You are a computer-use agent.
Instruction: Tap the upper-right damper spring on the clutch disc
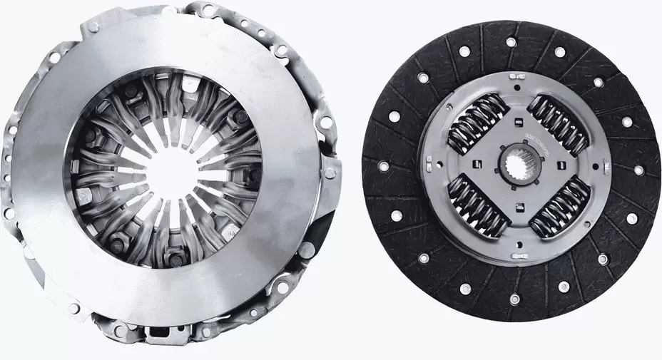click(562, 123)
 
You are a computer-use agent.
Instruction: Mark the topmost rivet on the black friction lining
click(512, 42)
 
